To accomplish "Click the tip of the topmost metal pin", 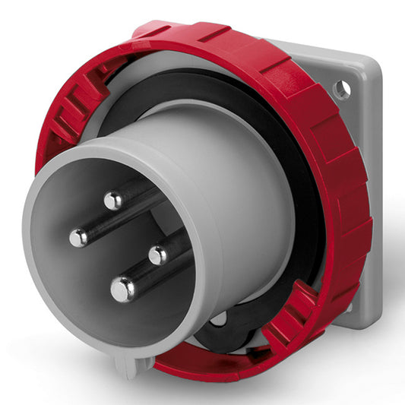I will point(113,201).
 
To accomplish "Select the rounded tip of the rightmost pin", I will point(158,255).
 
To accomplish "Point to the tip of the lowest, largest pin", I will point(122,289).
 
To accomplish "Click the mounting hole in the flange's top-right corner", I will point(341,90).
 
